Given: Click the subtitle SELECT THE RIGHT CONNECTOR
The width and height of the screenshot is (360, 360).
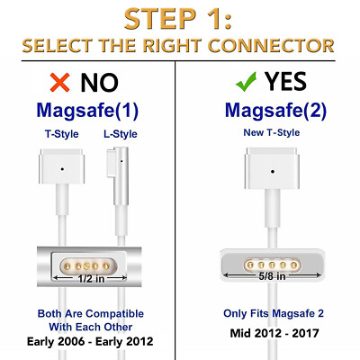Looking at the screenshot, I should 180,45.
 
